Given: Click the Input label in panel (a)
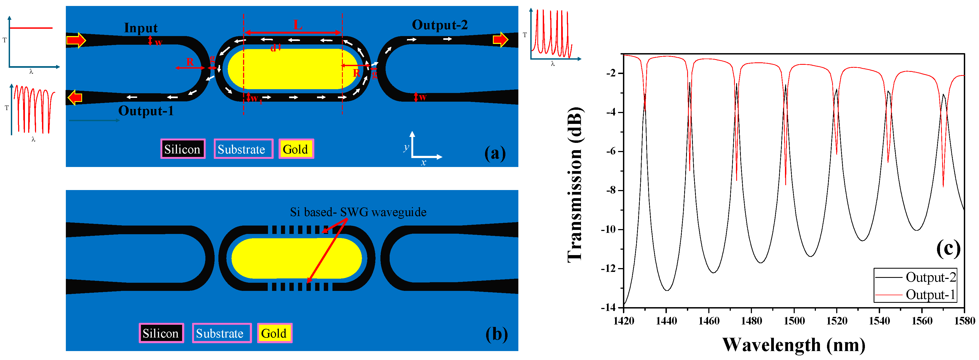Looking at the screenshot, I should (x=141, y=28).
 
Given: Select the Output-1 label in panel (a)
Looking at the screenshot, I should (x=146, y=111).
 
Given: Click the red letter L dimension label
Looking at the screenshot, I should (x=298, y=25).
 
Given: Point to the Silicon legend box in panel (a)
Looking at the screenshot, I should (x=182, y=149).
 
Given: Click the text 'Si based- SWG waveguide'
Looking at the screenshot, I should (x=358, y=212).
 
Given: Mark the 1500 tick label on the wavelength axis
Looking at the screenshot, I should (x=794, y=321).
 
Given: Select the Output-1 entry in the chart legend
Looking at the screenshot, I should (x=930, y=295).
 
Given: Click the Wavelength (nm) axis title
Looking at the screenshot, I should (x=794, y=345).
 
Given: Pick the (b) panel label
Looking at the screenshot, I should (x=496, y=334).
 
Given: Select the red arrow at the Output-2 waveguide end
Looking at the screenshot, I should (x=500, y=40).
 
